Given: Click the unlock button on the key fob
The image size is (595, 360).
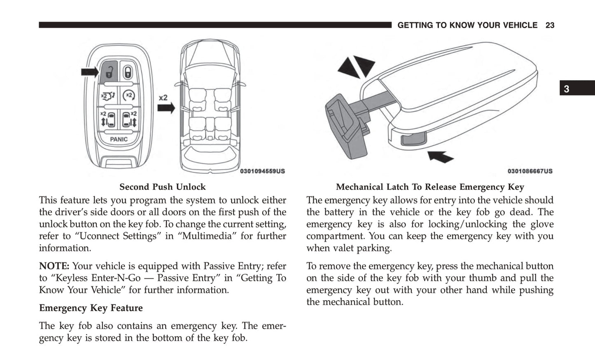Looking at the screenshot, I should tap(109, 70).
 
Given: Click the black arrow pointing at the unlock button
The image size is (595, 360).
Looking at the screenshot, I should tap(89, 72).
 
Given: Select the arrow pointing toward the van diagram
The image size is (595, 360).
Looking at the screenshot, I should tap(166, 108).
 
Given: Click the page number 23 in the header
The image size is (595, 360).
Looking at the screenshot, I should tap(550, 26).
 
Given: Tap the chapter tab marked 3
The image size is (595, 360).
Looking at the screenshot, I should tap(567, 89).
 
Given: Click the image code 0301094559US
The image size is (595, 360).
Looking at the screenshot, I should tap(262, 171).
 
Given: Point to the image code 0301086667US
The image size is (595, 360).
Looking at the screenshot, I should tap(530, 171).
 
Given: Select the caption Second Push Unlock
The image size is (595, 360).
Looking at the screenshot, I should tap(162, 187).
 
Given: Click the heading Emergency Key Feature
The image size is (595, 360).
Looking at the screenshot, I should tap(91, 308).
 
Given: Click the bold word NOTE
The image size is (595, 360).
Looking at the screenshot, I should tap(54, 266).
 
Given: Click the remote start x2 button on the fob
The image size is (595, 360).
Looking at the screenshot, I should tap(129, 96).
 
